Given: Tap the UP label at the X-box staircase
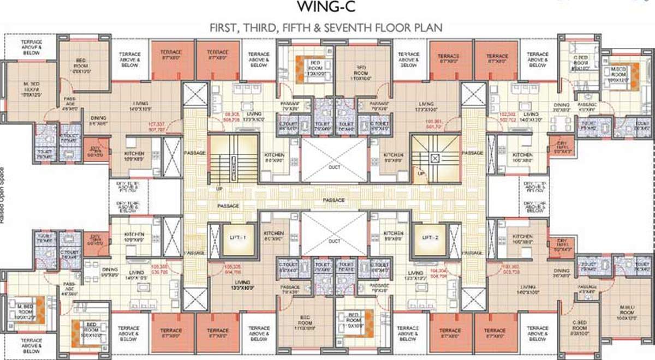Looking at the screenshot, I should point(421,173).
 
